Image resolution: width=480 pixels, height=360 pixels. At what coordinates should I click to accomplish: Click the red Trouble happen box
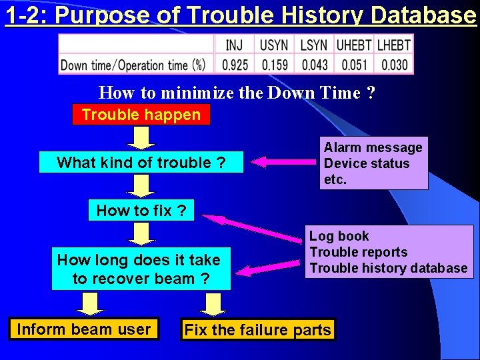tap(141, 115)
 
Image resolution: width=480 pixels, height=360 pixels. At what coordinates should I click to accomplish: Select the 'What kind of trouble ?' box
tap(141, 163)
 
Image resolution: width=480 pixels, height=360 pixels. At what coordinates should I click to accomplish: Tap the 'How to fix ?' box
tap(141, 211)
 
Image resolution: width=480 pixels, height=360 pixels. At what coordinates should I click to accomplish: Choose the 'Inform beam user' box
tap(84, 329)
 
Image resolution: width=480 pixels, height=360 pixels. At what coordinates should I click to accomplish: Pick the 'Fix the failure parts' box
tap(257, 330)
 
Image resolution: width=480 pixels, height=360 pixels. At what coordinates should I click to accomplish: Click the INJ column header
tap(235, 45)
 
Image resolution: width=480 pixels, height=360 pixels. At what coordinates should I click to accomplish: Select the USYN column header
tap(274, 45)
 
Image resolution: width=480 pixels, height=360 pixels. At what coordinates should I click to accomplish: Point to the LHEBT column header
tap(393, 45)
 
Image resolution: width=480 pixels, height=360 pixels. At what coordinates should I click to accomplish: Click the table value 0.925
tap(235, 65)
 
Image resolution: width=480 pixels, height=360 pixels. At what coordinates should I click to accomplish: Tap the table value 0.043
tap(314, 65)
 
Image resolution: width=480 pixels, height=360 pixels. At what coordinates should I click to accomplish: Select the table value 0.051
tap(353, 65)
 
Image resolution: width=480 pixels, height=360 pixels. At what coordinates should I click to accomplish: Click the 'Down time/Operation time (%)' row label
tap(133, 65)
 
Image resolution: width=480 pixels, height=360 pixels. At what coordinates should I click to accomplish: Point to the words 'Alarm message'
tap(373, 147)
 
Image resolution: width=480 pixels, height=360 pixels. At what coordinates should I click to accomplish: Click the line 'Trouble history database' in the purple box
tap(389, 268)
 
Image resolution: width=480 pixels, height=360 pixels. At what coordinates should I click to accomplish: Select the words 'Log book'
tap(339, 236)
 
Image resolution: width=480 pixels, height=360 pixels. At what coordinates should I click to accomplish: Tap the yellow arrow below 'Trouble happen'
tap(141, 137)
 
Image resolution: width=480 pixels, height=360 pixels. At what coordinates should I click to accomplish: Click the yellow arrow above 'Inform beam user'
tap(91, 304)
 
